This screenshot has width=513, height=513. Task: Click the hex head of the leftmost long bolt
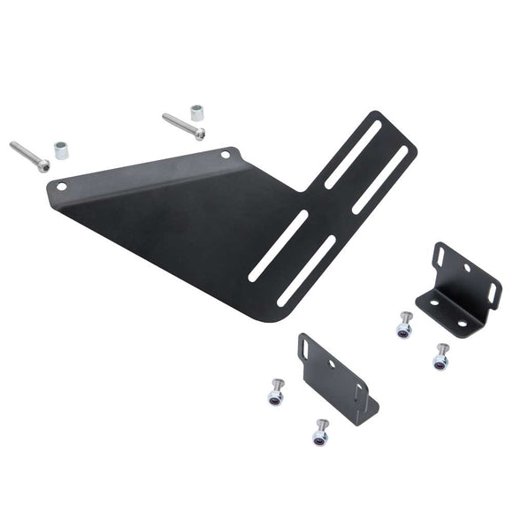(43, 165)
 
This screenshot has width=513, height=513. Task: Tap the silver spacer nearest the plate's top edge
(195, 115)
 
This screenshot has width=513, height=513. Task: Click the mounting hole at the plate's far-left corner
(61, 187)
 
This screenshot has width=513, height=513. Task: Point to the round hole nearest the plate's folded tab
(225, 155)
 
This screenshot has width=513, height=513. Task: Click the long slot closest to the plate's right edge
(381, 180)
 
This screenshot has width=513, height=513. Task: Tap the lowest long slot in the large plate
(306, 271)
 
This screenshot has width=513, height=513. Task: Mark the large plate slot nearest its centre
(278, 246)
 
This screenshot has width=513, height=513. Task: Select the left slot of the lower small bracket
(305, 348)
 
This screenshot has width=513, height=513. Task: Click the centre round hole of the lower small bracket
(333, 363)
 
